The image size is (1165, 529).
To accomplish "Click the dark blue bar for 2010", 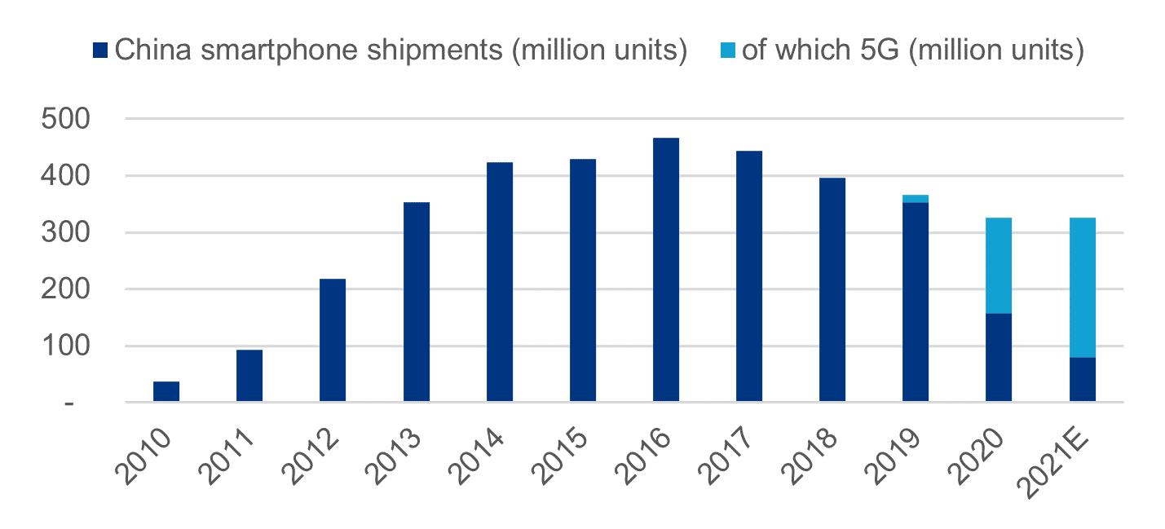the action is (x=166, y=391).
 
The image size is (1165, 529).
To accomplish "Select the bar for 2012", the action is (x=333, y=340).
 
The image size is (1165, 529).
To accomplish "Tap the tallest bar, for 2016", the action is (x=666, y=270).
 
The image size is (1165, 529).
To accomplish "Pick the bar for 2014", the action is (x=500, y=282).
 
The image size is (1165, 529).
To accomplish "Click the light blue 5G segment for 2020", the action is (x=999, y=266).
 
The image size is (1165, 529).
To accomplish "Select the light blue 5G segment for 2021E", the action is (x=1083, y=288).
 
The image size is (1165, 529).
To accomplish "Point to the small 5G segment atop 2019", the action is (x=916, y=199).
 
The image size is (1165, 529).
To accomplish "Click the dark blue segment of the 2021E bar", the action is (x=1083, y=380).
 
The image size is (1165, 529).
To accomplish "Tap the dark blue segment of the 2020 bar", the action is (x=999, y=357).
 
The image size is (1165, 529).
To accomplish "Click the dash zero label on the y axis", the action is (x=69, y=403).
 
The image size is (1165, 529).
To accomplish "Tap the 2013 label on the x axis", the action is (x=393, y=456).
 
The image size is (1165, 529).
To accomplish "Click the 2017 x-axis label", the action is (x=726, y=456).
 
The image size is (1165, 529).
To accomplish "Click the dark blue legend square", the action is (x=100, y=51).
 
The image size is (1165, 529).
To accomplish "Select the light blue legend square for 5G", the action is (x=728, y=51).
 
